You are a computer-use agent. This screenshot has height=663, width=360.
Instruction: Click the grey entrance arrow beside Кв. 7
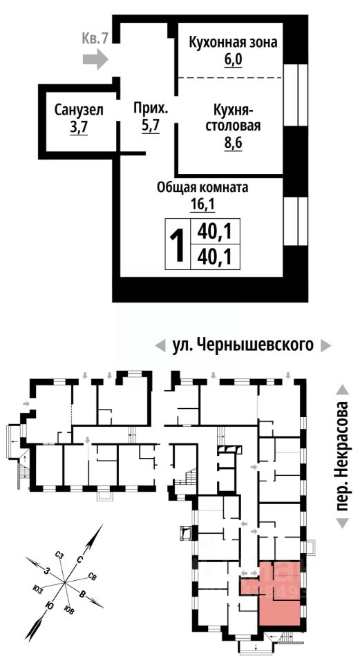tap(95, 59)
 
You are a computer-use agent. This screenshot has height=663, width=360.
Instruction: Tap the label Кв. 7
tap(95, 39)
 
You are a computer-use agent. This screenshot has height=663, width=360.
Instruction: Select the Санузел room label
tap(79, 110)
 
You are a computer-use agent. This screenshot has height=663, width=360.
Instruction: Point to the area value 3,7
tap(79, 127)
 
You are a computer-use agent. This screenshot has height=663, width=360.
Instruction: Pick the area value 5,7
tap(151, 126)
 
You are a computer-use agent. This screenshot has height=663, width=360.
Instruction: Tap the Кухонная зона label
tap(233, 43)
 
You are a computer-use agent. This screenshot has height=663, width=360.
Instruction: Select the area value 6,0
tap(233, 61)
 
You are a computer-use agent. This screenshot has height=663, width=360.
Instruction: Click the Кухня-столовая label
tap(233, 119)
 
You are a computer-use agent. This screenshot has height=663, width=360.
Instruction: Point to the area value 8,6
tap(233, 144)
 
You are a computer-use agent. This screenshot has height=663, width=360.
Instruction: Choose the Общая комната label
tap(202, 187)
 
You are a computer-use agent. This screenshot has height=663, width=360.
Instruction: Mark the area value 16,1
tap(202, 205)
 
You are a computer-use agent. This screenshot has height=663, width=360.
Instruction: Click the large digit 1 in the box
tap(178, 244)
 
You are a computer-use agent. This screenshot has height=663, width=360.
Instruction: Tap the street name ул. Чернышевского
tap(243, 345)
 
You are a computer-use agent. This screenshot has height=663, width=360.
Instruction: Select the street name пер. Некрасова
tap(343, 457)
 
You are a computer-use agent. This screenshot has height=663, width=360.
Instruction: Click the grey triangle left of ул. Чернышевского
tap(160, 346)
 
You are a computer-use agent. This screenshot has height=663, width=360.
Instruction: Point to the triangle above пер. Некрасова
tap(343, 390)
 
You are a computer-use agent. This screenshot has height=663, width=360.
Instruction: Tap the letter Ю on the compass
tap(50, 605)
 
